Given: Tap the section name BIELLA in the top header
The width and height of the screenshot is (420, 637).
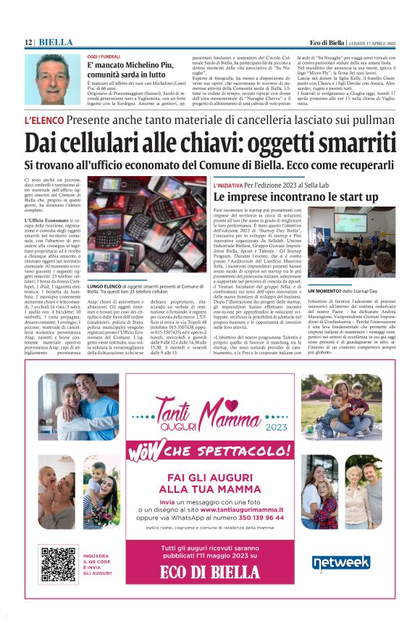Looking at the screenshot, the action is [x=54, y=43].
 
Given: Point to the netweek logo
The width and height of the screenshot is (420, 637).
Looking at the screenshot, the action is [x=340, y=562].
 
